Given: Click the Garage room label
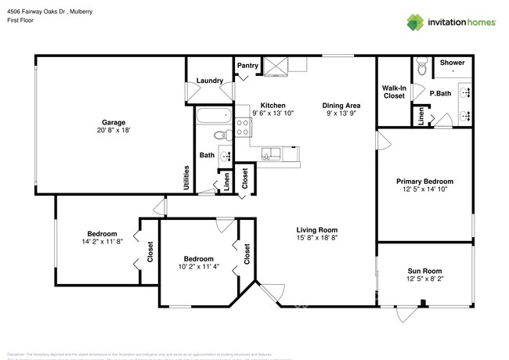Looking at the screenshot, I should [114, 121].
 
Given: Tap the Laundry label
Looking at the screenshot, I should [210, 81].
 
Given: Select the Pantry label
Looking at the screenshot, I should [248, 66].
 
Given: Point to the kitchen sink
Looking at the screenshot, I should [271, 153].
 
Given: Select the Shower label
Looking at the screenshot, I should [452, 63].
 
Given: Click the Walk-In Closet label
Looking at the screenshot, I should [393, 92].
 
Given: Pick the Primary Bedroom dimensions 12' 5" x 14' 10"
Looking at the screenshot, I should [428, 189].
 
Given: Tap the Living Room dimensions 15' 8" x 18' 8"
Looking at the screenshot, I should [316, 238].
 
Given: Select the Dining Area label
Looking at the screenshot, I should [341, 105].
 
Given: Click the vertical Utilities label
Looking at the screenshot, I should [186, 176].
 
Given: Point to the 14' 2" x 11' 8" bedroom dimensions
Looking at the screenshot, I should [102, 242].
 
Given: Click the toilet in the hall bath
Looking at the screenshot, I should [224, 155].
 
